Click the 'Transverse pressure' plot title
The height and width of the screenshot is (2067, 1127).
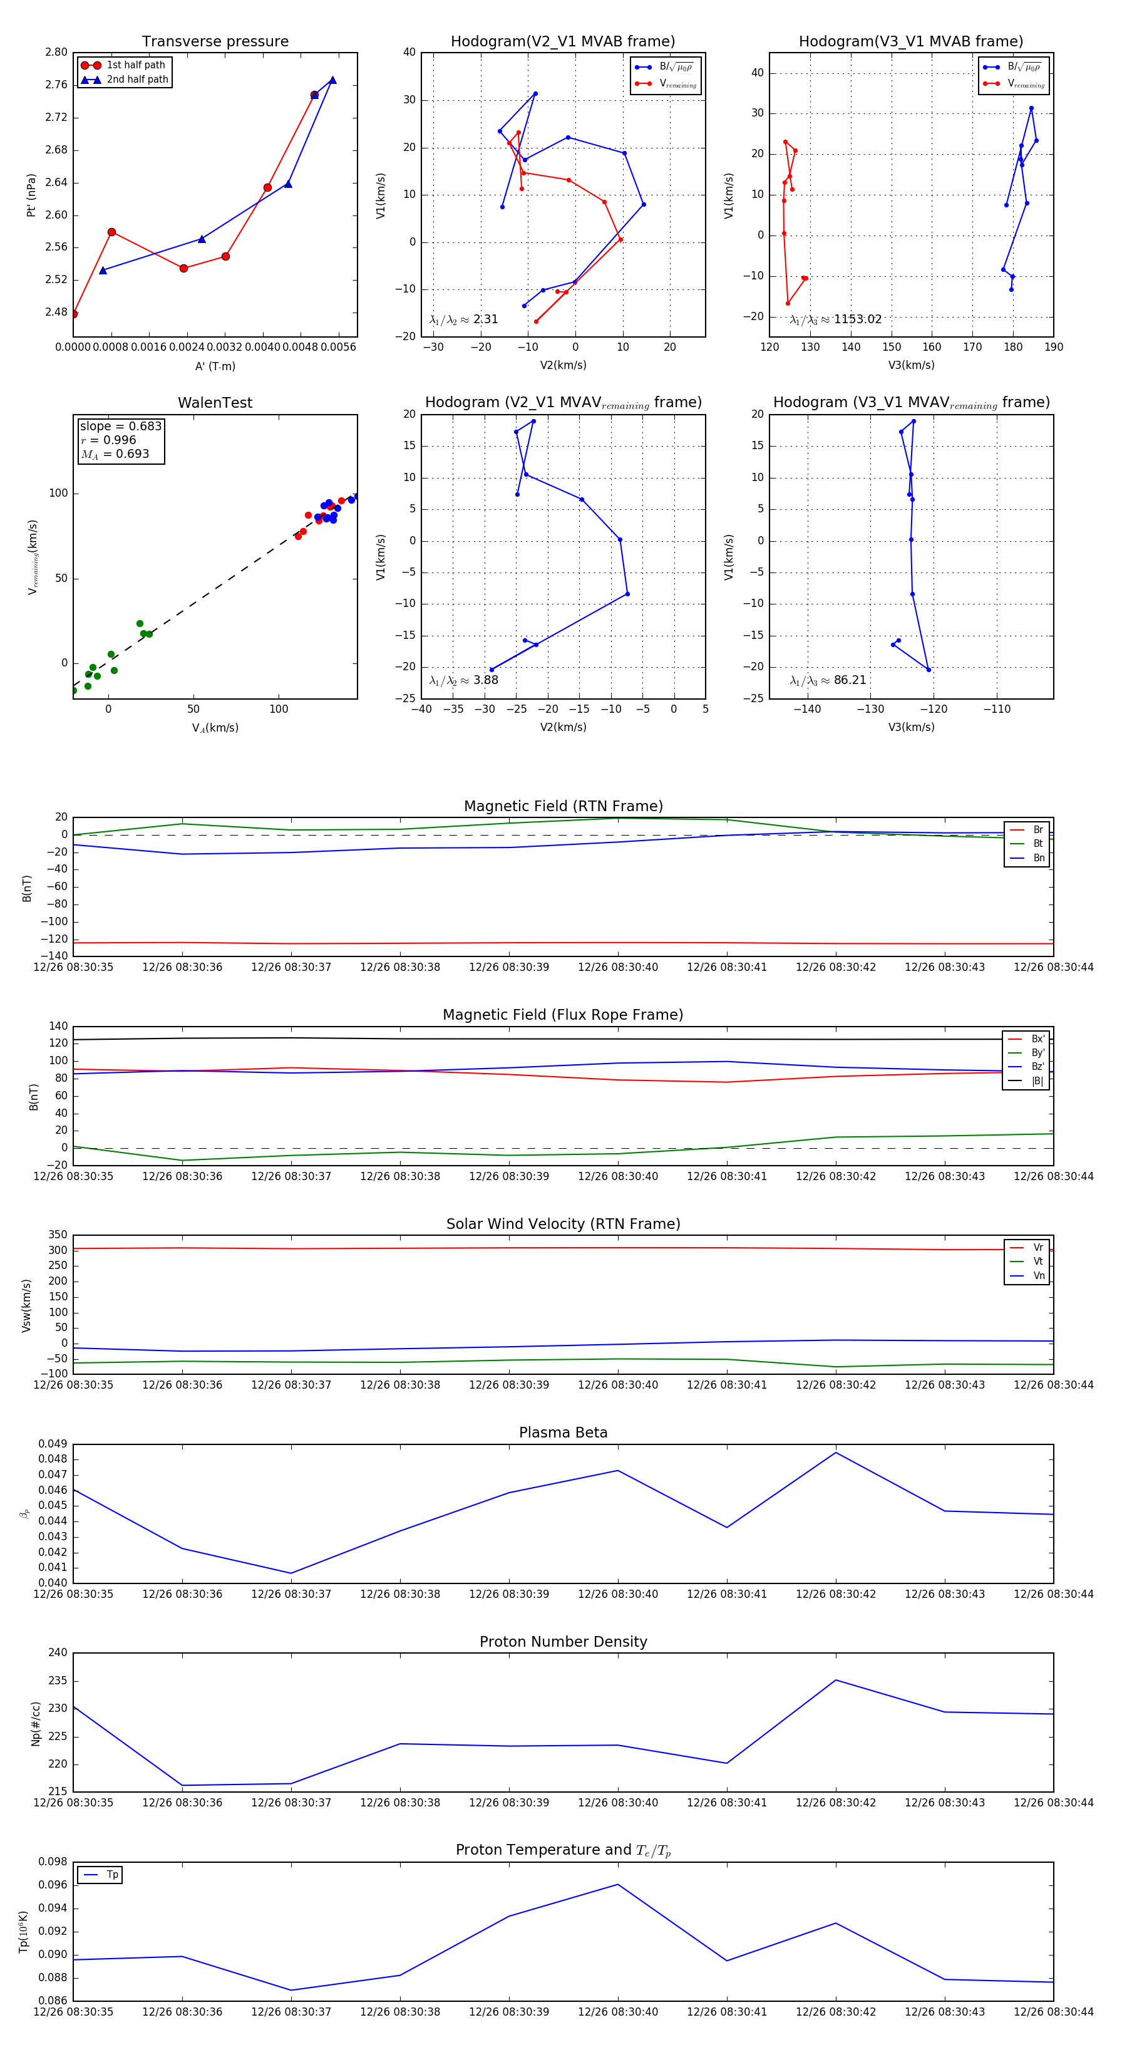coord(215,42)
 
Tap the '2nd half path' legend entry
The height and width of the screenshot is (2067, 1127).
coord(137,80)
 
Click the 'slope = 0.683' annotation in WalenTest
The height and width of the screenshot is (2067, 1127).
coord(120,426)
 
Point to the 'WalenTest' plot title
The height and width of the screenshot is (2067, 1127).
coord(215,403)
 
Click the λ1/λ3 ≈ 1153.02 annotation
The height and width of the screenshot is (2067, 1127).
coord(835,319)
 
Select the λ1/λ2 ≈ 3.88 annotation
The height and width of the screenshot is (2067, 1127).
coord(463,680)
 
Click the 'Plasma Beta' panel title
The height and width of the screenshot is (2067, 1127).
coord(563,1432)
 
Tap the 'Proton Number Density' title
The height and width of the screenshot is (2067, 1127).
coord(563,1641)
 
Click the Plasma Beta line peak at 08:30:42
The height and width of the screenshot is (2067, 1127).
coord(836,1453)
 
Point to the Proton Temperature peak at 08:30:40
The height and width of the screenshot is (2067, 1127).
coord(617,1884)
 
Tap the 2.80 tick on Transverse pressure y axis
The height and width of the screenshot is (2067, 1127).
coord(56,52)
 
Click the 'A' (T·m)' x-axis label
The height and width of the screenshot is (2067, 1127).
coord(215,366)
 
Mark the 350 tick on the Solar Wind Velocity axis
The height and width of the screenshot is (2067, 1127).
coord(58,1235)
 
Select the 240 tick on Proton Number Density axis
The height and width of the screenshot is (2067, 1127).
coord(58,1653)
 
